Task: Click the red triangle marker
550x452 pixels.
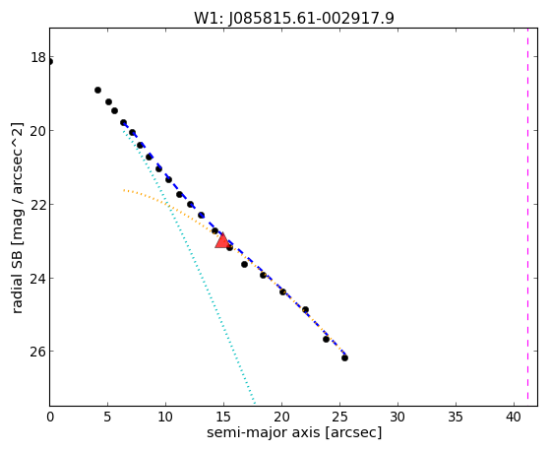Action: click(x=222, y=240)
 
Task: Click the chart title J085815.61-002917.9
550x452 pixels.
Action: click(x=312, y=18)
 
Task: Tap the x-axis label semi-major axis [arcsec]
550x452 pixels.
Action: click(x=294, y=432)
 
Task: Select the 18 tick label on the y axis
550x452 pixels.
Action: click(x=38, y=57)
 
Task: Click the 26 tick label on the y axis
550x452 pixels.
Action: click(x=38, y=352)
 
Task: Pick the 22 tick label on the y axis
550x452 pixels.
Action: click(x=38, y=204)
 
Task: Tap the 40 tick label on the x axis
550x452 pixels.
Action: click(x=514, y=418)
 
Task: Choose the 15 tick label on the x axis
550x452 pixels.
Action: click(x=223, y=418)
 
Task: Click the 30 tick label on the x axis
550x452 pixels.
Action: click(x=397, y=418)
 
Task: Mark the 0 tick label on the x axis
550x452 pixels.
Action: click(x=50, y=418)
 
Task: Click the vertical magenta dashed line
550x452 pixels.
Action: click(x=527, y=217)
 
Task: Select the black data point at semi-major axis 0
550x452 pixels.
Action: click(x=50, y=62)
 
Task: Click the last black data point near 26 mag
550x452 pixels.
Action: click(x=344, y=357)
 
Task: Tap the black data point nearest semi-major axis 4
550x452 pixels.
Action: click(x=97, y=91)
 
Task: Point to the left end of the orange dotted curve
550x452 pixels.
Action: click(x=124, y=190)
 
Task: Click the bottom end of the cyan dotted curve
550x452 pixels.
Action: click(x=254, y=403)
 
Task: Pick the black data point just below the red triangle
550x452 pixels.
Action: click(x=230, y=247)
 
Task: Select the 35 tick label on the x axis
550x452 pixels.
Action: click(x=456, y=418)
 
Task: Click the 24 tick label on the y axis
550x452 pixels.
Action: click(x=38, y=278)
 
